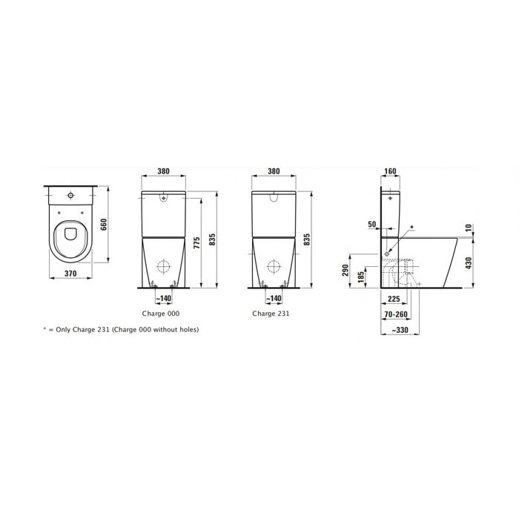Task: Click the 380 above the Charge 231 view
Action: point(273,171)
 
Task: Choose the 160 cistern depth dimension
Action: point(390,171)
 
